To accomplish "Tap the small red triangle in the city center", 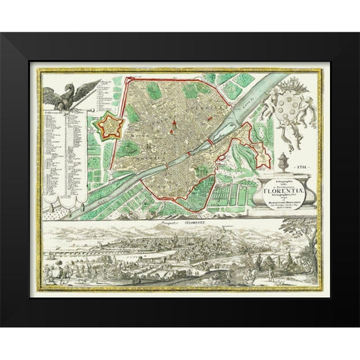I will [x=173, y=121].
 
